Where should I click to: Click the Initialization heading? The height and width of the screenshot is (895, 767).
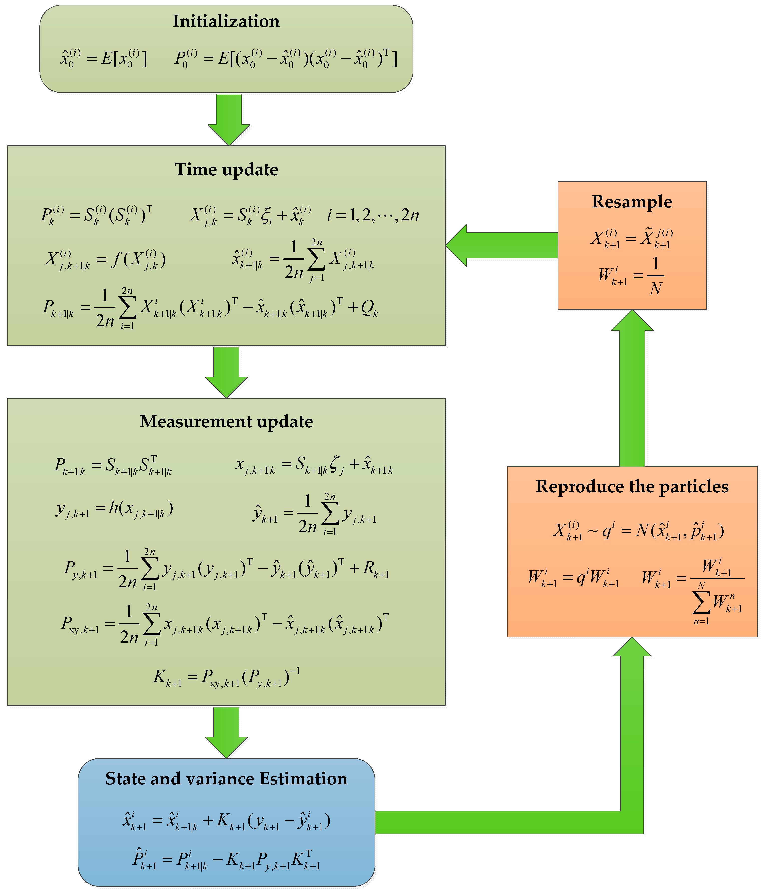pos(226,21)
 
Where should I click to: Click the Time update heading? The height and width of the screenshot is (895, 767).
pos(226,169)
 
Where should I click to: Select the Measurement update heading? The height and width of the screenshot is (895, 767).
pos(226,421)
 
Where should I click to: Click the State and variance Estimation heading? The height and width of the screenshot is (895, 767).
pos(226,778)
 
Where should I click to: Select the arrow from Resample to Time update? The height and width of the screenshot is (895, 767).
pos(501,245)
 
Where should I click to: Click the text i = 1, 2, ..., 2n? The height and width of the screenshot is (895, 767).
pos(373,215)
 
